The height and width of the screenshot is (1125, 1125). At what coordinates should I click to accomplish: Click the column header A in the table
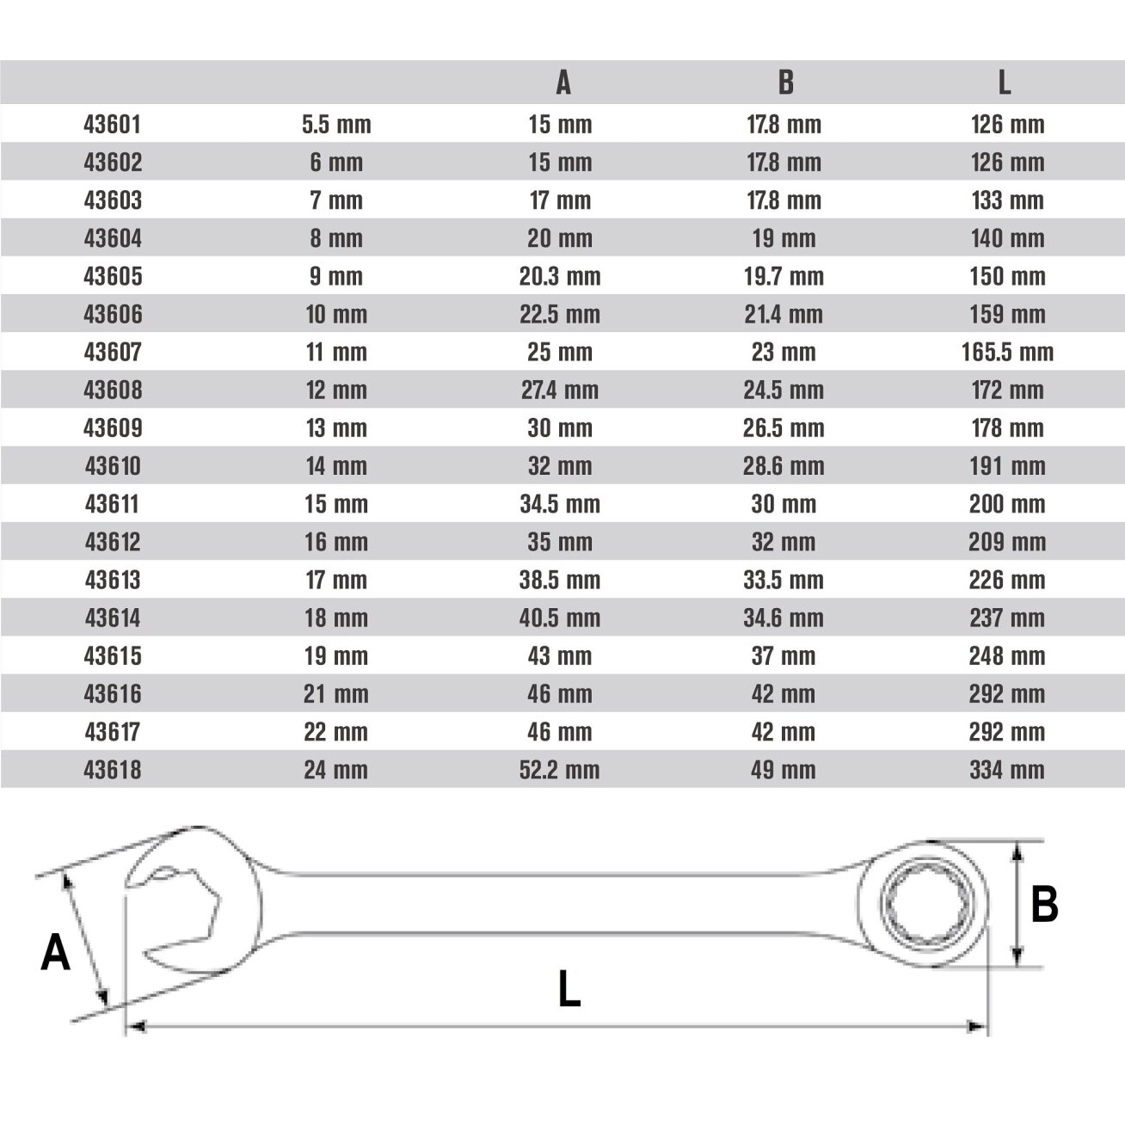pos(562,83)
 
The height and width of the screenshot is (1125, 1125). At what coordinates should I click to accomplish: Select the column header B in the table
pos(786,83)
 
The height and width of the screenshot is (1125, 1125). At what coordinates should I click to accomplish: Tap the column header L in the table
pos(1004,83)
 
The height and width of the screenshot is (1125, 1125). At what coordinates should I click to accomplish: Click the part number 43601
pos(112,125)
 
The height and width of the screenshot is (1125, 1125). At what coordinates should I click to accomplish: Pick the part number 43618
pos(112,770)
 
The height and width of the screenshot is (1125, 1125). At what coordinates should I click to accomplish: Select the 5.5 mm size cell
pos(336,125)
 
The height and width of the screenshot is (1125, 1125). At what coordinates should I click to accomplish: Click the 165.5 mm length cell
pos(1007,352)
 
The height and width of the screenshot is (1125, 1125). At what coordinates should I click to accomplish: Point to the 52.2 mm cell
pos(559,770)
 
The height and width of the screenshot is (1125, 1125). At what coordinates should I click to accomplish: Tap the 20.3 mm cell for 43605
pos(559,276)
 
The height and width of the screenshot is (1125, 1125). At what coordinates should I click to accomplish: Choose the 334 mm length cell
pos(1007,770)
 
